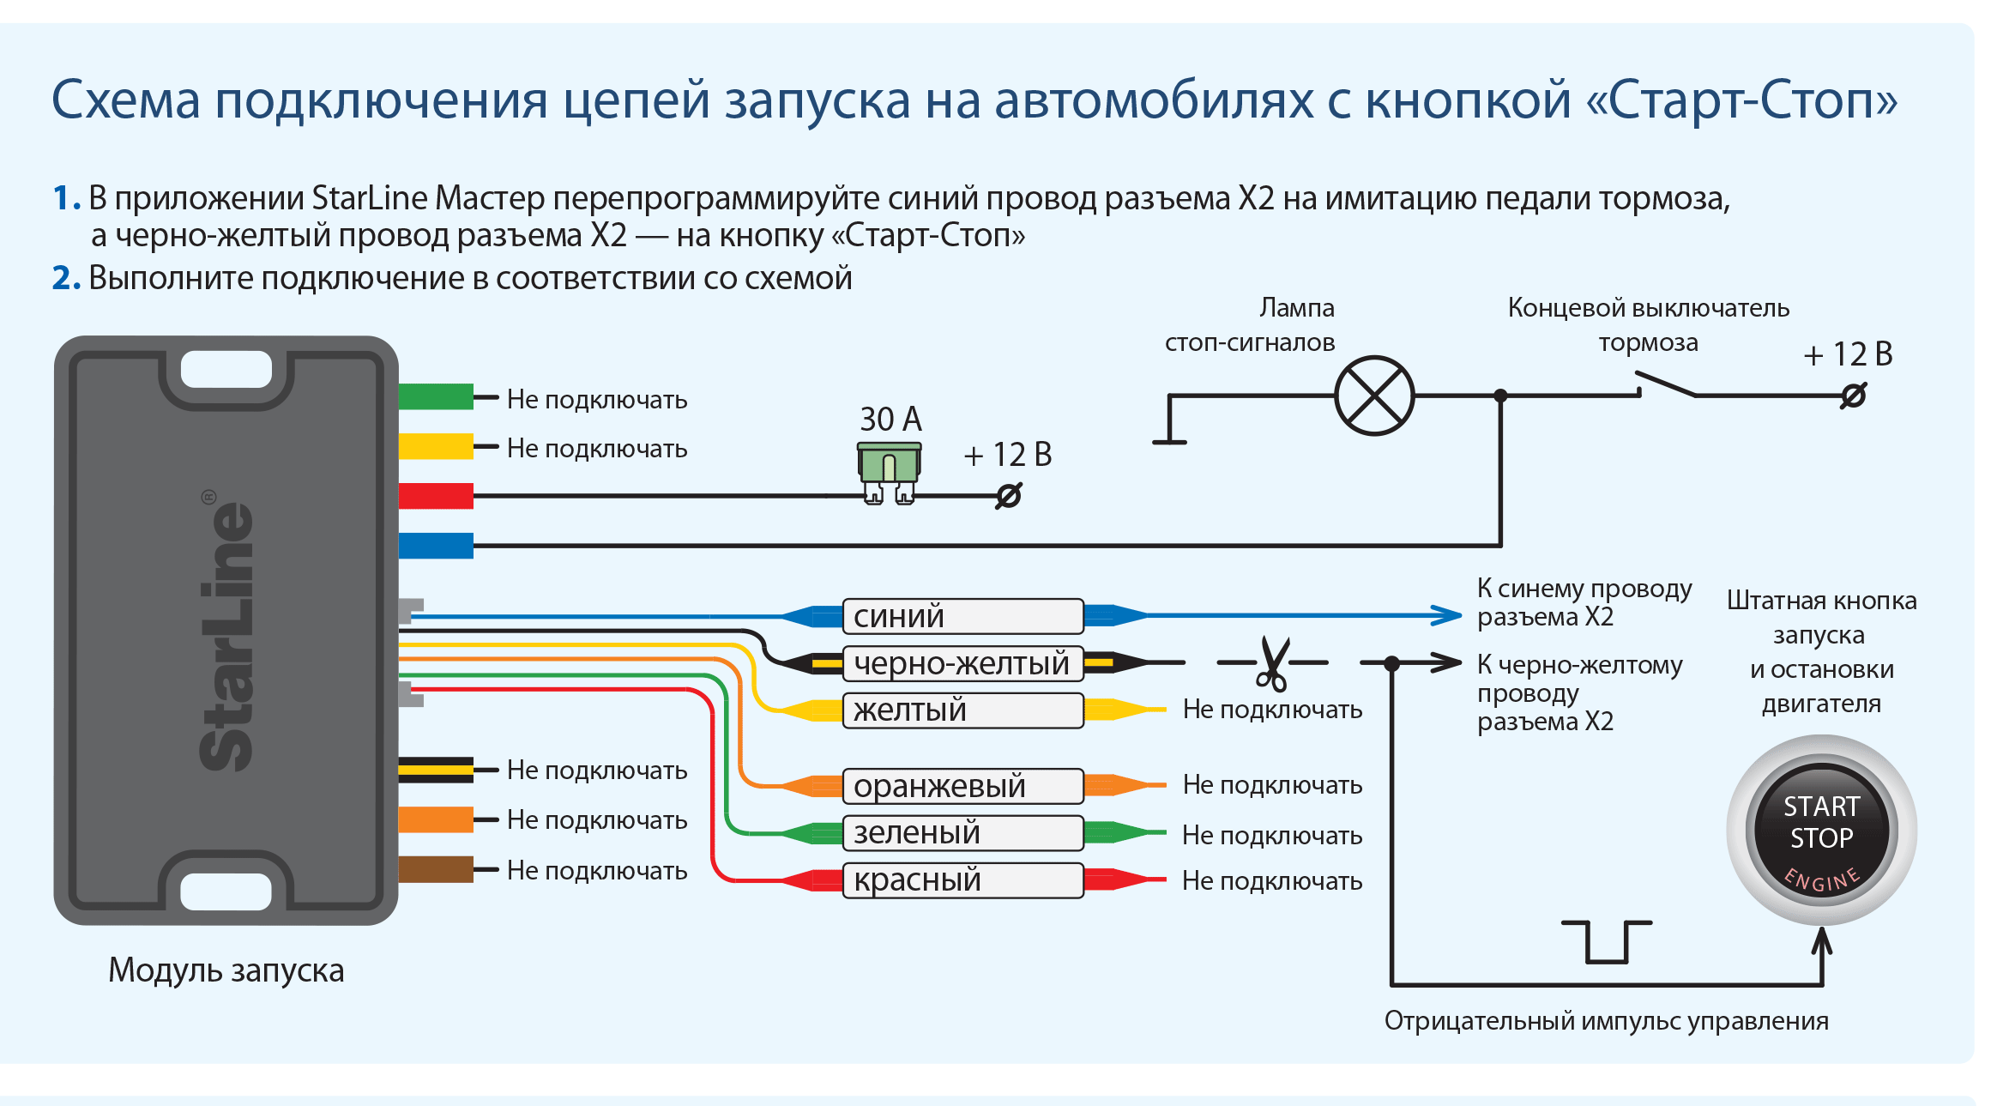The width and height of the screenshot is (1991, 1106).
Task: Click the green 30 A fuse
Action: pos(890,473)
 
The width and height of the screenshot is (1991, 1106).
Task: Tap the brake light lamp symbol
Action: pos(1374,396)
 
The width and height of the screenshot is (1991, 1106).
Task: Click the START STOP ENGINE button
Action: pos(1821,831)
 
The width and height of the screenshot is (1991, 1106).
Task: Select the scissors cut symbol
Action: pos(1273,663)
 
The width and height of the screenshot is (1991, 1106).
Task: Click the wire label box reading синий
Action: pos(962,616)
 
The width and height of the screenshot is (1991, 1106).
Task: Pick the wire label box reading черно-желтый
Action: pos(962,663)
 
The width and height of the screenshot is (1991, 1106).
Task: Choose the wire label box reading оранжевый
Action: pos(962,786)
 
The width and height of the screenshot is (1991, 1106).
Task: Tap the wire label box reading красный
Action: pos(962,880)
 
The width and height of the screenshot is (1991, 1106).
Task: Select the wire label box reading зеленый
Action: pos(962,833)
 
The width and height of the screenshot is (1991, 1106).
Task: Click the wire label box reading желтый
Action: pos(962,710)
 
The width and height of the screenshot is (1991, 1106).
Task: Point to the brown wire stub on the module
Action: pos(436,869)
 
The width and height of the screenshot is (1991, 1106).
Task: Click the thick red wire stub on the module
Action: pos(436,496)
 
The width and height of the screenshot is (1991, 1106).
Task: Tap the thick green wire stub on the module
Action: pos(436,396)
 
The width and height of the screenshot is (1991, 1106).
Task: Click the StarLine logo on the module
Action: pos(226,631)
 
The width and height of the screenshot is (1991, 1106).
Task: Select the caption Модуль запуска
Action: pos(226,970)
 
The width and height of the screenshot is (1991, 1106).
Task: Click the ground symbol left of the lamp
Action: pos(1169,420)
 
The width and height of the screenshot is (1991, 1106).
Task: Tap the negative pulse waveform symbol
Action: pos(1607,942)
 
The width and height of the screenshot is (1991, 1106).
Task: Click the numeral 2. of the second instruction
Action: pos(66,278)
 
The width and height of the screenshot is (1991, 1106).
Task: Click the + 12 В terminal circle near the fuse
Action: pos(1009,496)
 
